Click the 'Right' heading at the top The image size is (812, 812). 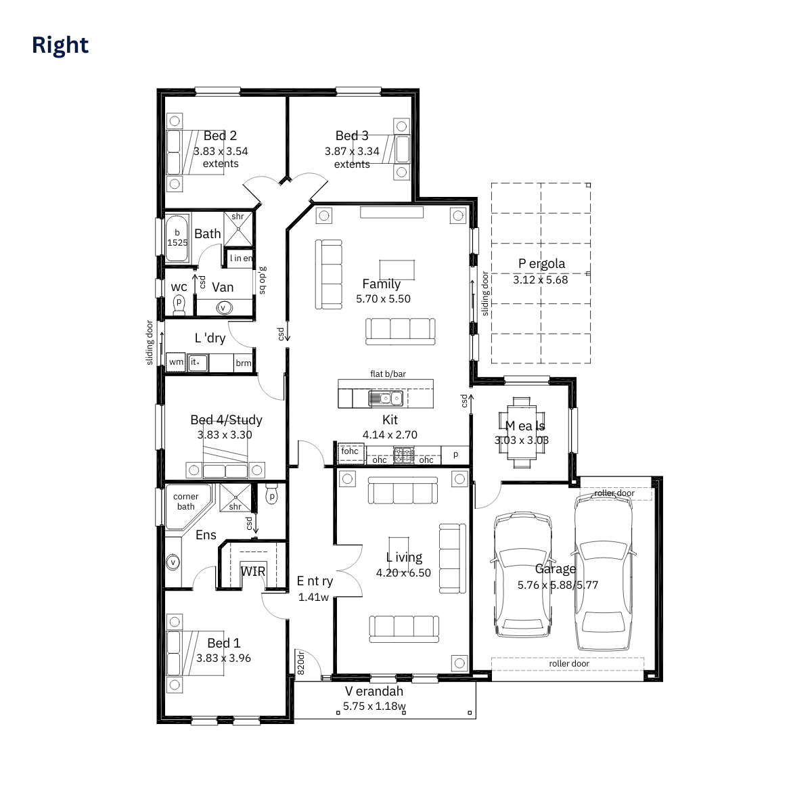pos(60,45)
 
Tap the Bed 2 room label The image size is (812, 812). pos(220,135)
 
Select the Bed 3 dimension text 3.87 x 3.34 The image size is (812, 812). pos(352,152)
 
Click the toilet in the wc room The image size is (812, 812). pos(179,303)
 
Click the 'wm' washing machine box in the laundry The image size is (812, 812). pos(176,362)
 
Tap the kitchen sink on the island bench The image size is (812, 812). pos(386,398)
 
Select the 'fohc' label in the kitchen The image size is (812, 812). pos(350,451)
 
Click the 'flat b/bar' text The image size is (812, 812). pos(388,374)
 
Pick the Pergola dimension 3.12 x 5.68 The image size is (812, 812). pos(540,279)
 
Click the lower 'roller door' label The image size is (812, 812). pos(569,664)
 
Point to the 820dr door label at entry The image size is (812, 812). pos(301,663)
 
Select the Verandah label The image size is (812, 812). pos(374,691)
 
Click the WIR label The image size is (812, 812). pos(253,571)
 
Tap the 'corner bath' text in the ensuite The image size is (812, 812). pos(185,501)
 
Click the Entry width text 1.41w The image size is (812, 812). pos(313,597)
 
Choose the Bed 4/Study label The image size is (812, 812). pos(226,420)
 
